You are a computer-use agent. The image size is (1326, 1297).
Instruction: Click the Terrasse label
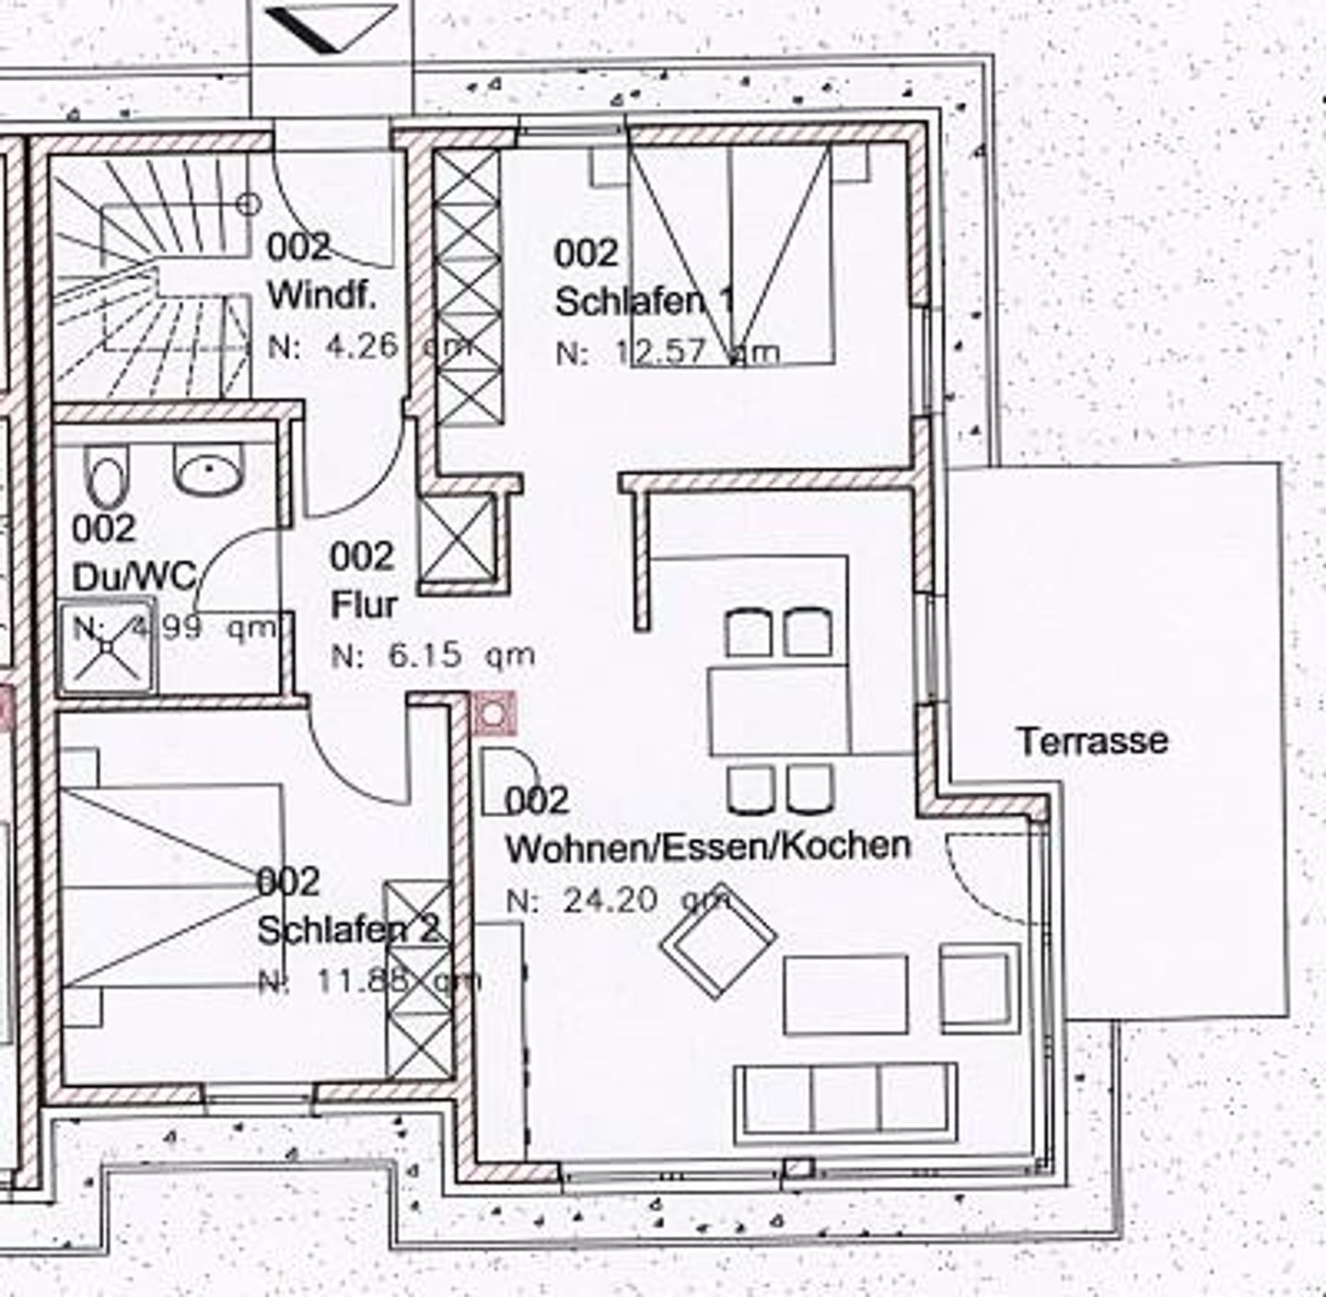click(x=1092, y=741)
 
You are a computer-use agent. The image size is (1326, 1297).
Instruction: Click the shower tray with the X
click(x=107, y=648)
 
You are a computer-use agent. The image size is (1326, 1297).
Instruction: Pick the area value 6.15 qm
click(x=434, y=655)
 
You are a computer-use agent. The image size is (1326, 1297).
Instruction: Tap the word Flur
click(x=364, y=605)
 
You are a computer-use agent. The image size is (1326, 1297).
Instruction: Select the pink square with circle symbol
click(x=494, y=713)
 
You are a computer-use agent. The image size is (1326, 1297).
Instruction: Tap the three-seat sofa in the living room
click(x=845, y=1098)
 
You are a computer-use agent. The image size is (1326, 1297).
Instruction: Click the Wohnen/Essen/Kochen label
click(x=708, y=847)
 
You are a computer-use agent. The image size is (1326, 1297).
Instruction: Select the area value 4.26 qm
click(x=368, y=346)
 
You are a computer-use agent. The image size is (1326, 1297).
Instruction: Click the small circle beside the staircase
click(x=249, y=204)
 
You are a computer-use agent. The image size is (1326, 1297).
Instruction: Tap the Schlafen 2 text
click(x=348, y=930)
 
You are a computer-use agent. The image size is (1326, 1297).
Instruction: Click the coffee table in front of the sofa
click(x=845, y=995)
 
